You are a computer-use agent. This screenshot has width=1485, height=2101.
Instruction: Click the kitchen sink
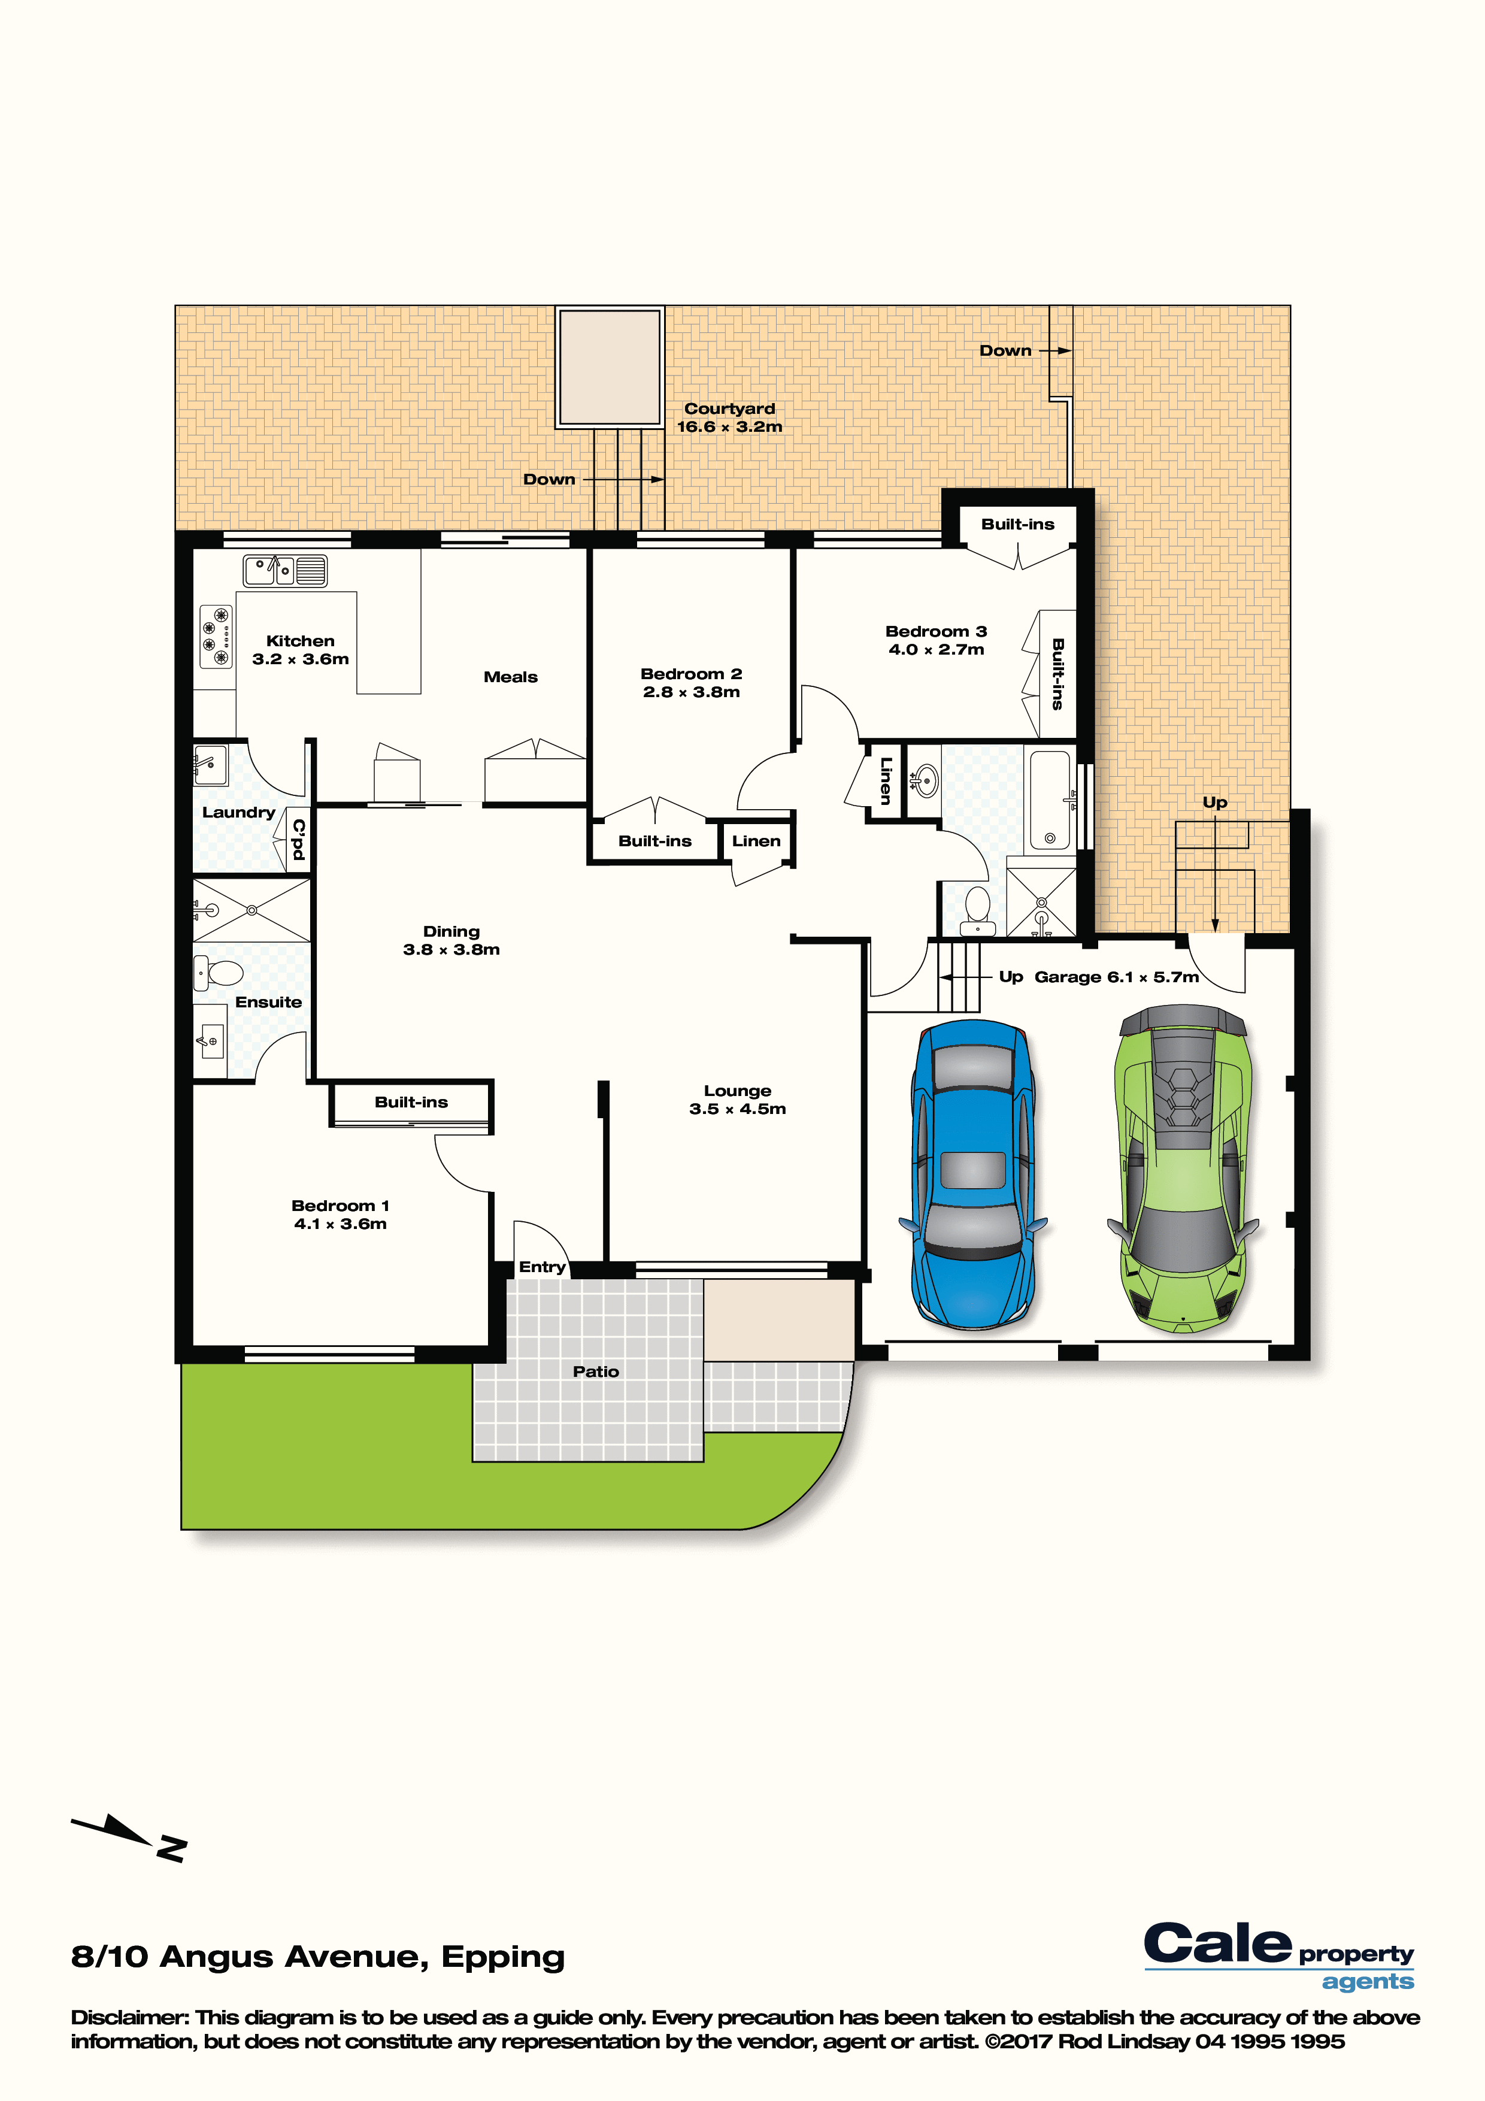pos(284,571)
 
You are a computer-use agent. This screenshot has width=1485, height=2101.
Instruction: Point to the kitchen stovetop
pos(216,637)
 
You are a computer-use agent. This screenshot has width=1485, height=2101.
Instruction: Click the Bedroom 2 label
pos(691,674)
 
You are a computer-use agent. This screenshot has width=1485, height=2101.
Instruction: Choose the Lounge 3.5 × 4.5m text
pos(738,1099)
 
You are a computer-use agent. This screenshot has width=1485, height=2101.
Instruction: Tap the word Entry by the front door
pos(542,1267)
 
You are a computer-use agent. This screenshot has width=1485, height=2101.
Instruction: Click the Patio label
pos(596,1371)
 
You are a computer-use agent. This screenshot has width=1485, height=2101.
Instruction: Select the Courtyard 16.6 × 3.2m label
pos(729,417)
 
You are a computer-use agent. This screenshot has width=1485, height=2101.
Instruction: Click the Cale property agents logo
pos(1278,1957)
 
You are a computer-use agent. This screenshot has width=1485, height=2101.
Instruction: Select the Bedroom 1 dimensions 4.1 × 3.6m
pos(340,1224)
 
